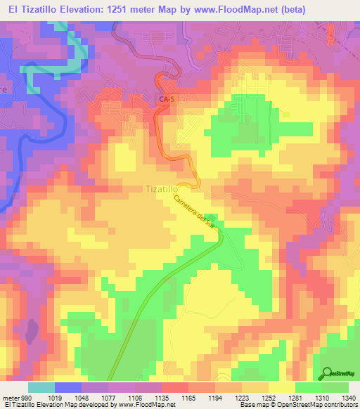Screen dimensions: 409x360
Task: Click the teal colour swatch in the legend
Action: pyautogui.click(x=41, y=387)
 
